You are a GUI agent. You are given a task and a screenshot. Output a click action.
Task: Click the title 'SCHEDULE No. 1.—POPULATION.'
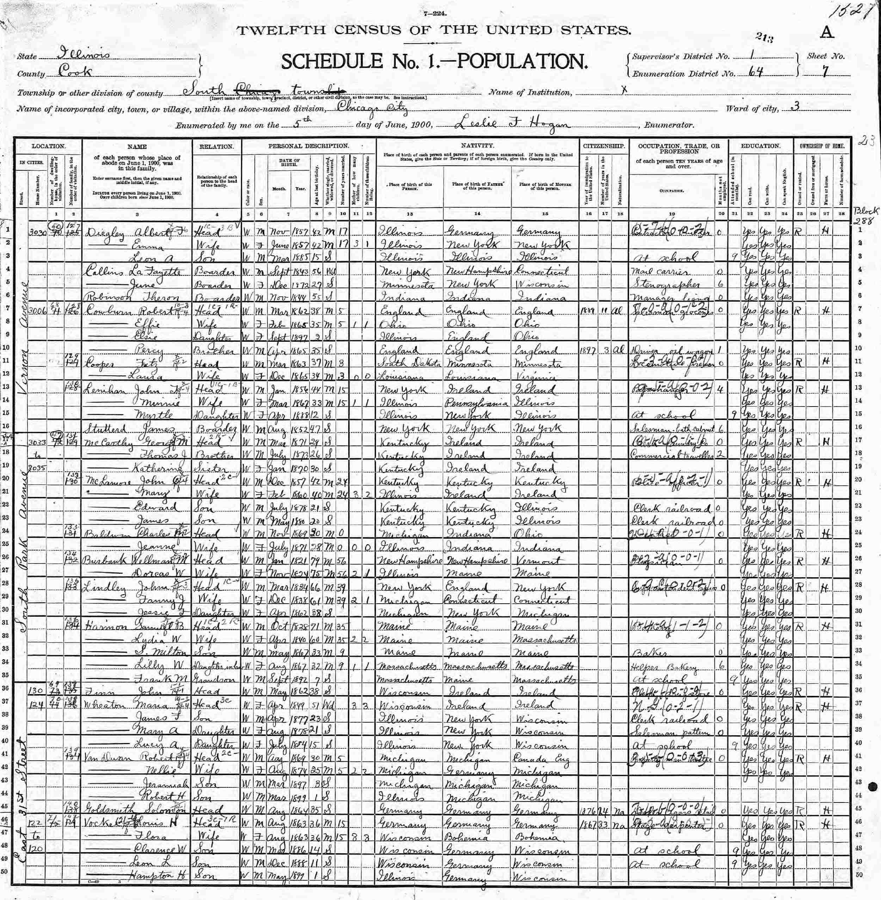tap(435, 62)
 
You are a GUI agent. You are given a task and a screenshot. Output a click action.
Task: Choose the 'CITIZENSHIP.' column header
tap(604, 146)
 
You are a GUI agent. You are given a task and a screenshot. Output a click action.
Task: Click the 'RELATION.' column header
tap(216, 146)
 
